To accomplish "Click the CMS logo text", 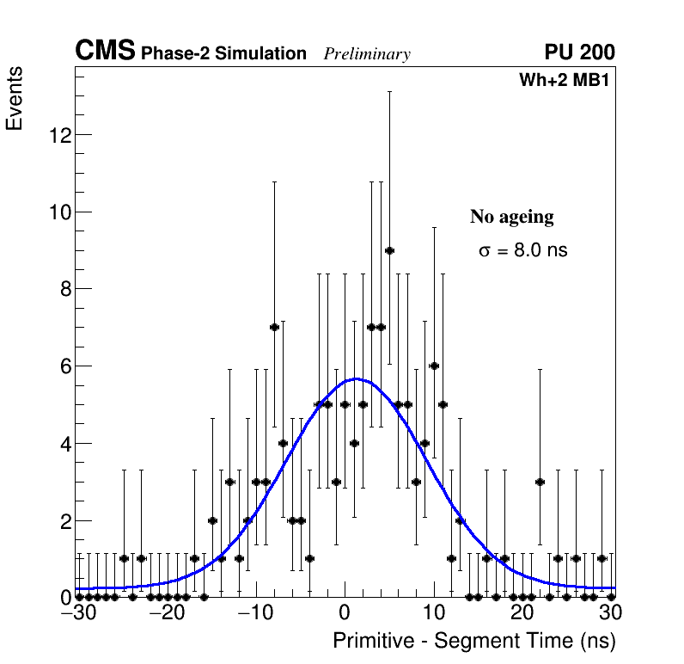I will (105, 52).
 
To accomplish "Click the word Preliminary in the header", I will (367, 54).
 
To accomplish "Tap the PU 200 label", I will (579, 52).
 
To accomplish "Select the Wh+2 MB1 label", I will (564, 81).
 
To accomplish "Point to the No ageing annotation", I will (511, 217).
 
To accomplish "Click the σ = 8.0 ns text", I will (522, 251).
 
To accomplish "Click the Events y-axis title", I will (15, 99).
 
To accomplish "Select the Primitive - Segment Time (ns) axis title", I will (474, 641).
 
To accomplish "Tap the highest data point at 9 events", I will (389, 250).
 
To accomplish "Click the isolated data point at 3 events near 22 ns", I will (540, 482).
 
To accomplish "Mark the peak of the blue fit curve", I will (355, 378).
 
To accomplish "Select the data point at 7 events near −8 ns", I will (274, 327).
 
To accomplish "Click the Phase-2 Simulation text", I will (223, 54).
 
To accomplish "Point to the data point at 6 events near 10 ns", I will (434, 366).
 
